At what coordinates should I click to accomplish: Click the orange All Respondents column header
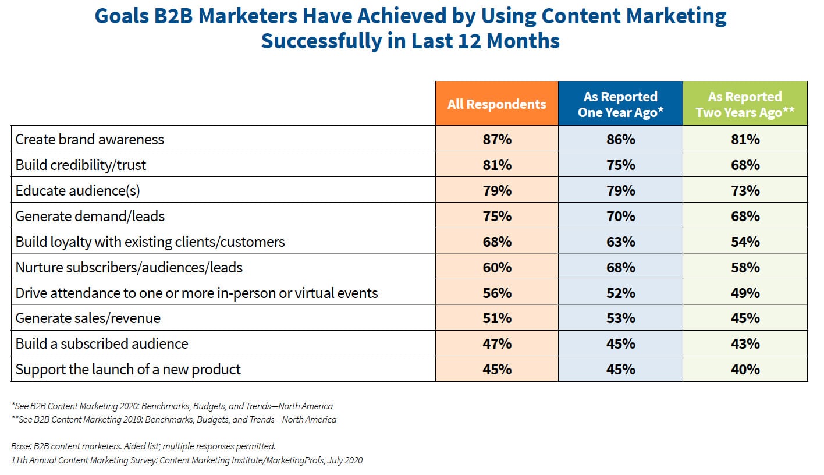tap(496, 104)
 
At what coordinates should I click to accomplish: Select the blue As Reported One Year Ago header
tap(620, 104)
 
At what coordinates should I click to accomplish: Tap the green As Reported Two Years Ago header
tap(745, 104)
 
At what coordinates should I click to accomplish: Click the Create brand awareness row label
tap(90, 139)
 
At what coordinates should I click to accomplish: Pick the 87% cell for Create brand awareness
tap(496, 139)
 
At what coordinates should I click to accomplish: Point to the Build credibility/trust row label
tap(81, 165)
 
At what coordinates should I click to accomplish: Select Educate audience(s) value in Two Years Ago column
tap(745, 190)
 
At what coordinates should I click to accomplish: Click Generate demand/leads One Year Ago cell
tap(620, 216)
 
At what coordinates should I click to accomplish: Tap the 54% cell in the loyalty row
tap(745, 242)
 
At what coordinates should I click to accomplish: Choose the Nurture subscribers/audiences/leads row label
tap(129, 267)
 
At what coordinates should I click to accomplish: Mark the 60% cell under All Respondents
tap(496, 267)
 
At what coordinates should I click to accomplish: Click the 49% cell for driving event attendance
tap(745, 293)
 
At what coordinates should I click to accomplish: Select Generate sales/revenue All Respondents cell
tap(496, 318)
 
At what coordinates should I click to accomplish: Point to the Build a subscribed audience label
tap(102, 344)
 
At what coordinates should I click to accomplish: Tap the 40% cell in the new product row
tap(745, 370)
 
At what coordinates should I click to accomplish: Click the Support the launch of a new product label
tap(128, 370)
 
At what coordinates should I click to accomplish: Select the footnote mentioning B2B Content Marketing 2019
tap(173, 419)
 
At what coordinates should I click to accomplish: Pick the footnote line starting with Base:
tap(143, 446)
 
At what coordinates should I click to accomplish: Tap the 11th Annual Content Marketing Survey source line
tap(186, 460)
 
